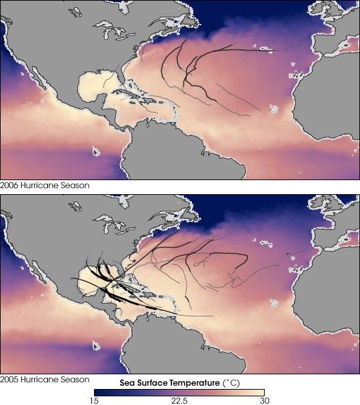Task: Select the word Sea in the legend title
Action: click(x=128, y=383)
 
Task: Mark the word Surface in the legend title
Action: click(x=153, y=383)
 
